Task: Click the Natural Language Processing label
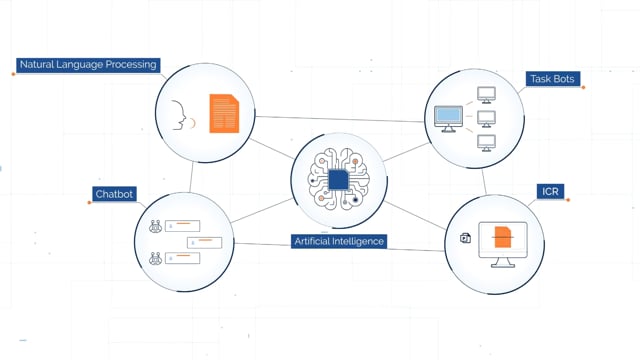click(88, 65)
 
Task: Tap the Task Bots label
click(552, 79)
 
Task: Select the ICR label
click(550, 191)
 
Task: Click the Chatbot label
click(114, 194)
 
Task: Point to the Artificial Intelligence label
click(339, 241)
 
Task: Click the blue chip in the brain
click(338, 180)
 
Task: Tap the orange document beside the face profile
click(224, 113)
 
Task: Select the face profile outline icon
click(179, 115)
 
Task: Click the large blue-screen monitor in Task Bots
click(448, 119)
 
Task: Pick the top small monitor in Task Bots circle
click(487, 95)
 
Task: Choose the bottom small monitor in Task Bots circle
click(487, 143)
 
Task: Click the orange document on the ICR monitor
click(503, 237)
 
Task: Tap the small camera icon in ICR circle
click(465, 238)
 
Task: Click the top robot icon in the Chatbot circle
click(156, 226)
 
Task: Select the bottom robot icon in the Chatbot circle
click(156, 258)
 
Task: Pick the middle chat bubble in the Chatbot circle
click(204, 242)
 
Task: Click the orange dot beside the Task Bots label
click(583, 87)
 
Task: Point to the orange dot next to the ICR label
click(568, 200)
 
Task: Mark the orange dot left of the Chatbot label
click(89, 202)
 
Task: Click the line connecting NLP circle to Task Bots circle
click(340, 119)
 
